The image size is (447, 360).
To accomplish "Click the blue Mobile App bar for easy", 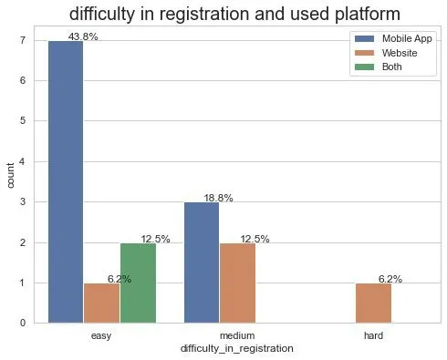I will point(65,182).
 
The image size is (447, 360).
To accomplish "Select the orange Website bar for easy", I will point(101,303).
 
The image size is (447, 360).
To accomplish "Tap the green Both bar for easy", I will point(138,283).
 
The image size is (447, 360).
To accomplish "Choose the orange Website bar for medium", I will point(237,283).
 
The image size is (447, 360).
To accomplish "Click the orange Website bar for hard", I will point(373,303).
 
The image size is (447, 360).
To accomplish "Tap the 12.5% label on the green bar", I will point(155,239).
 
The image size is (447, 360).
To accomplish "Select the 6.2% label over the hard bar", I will point(390,279).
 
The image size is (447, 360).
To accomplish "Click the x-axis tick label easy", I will point(101,335).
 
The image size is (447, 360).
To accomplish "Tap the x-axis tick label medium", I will point(237,335).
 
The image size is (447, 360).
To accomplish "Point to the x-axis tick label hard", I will point(373,335).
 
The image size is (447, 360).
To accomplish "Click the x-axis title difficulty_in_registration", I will point(237,349).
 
